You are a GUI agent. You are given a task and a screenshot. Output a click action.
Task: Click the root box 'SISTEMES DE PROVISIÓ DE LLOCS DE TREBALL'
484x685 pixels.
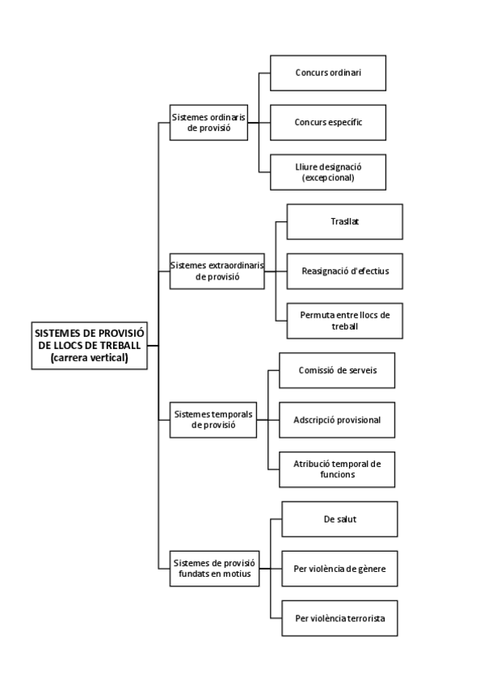pyautogui.click(x=89, y=344)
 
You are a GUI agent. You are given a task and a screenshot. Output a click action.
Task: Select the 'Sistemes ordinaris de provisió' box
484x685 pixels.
pyautogui.click(x=208, y=123)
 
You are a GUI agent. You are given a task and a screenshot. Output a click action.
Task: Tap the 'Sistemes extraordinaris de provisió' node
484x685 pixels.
pyautogui.click(x=217, y=270)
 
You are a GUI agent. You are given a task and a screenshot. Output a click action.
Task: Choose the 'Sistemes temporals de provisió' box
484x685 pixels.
pyautogui.click(x=213, y=419)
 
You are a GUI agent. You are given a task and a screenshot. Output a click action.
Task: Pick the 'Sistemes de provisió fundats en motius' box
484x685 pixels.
pyautogui.click(x=213, y=568)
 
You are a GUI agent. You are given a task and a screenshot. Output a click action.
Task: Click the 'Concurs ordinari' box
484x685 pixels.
pyautogui.click(x=327, y=72)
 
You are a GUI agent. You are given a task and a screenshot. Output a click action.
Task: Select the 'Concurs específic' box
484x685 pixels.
pyautogui.click(x=327, y=122)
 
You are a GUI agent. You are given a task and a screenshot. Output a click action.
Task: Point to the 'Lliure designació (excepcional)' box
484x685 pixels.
pyautogui.click(x=327, y=172)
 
